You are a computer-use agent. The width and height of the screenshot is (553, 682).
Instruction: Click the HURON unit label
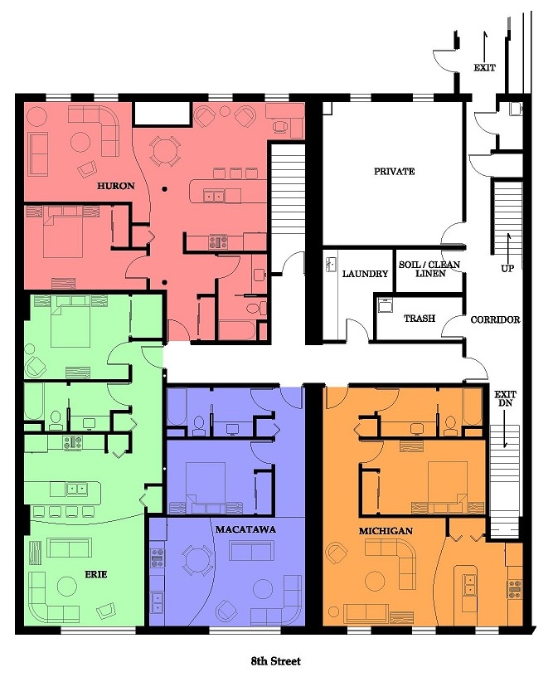115,186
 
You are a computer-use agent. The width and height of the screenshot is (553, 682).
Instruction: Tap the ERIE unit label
95,575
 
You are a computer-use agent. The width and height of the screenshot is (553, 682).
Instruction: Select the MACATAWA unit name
245,529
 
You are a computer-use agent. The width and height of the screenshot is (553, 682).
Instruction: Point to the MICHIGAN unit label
386,531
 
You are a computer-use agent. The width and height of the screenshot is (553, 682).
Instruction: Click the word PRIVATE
395,172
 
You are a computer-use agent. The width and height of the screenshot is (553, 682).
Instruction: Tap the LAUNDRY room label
365,274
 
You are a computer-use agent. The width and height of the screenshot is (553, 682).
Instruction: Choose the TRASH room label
419,319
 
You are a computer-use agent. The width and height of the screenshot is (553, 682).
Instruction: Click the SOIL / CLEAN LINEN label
429,269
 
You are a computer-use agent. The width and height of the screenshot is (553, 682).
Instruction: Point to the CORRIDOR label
495,319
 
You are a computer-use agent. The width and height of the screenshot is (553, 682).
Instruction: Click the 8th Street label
275,661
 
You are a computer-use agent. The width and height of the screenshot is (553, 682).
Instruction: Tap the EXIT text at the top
484,67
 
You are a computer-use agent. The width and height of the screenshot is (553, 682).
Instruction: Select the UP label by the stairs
507,268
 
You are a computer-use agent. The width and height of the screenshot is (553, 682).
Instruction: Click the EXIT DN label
505,398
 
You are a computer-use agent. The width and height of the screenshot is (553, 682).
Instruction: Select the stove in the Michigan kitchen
515,587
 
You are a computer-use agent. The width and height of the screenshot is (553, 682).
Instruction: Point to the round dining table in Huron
165,151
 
